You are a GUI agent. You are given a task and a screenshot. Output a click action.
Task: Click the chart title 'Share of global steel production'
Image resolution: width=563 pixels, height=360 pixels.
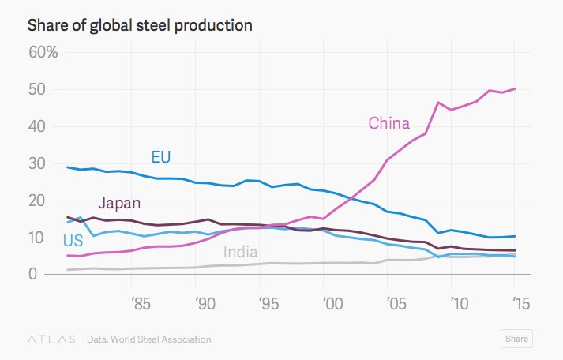click(140, 25)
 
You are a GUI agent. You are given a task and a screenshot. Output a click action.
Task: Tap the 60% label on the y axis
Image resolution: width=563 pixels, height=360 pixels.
click(43, 53)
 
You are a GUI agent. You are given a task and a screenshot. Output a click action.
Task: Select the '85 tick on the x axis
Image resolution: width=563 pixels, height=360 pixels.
click(140, 303)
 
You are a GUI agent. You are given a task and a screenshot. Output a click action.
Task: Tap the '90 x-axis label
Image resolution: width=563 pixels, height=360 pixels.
click(203, 303)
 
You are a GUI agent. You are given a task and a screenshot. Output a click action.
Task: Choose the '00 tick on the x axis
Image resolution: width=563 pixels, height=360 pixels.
click(329, 303)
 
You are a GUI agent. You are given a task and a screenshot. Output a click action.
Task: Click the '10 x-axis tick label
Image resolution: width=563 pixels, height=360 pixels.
click(456, 303)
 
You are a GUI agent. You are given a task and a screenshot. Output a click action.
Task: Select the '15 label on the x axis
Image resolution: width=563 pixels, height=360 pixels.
click(519, 303)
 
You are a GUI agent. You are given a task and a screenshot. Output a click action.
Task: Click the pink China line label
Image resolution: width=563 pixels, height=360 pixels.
click(388, 123)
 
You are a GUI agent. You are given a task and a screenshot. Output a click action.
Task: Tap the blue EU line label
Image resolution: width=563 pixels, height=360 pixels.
click(161, 156)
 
